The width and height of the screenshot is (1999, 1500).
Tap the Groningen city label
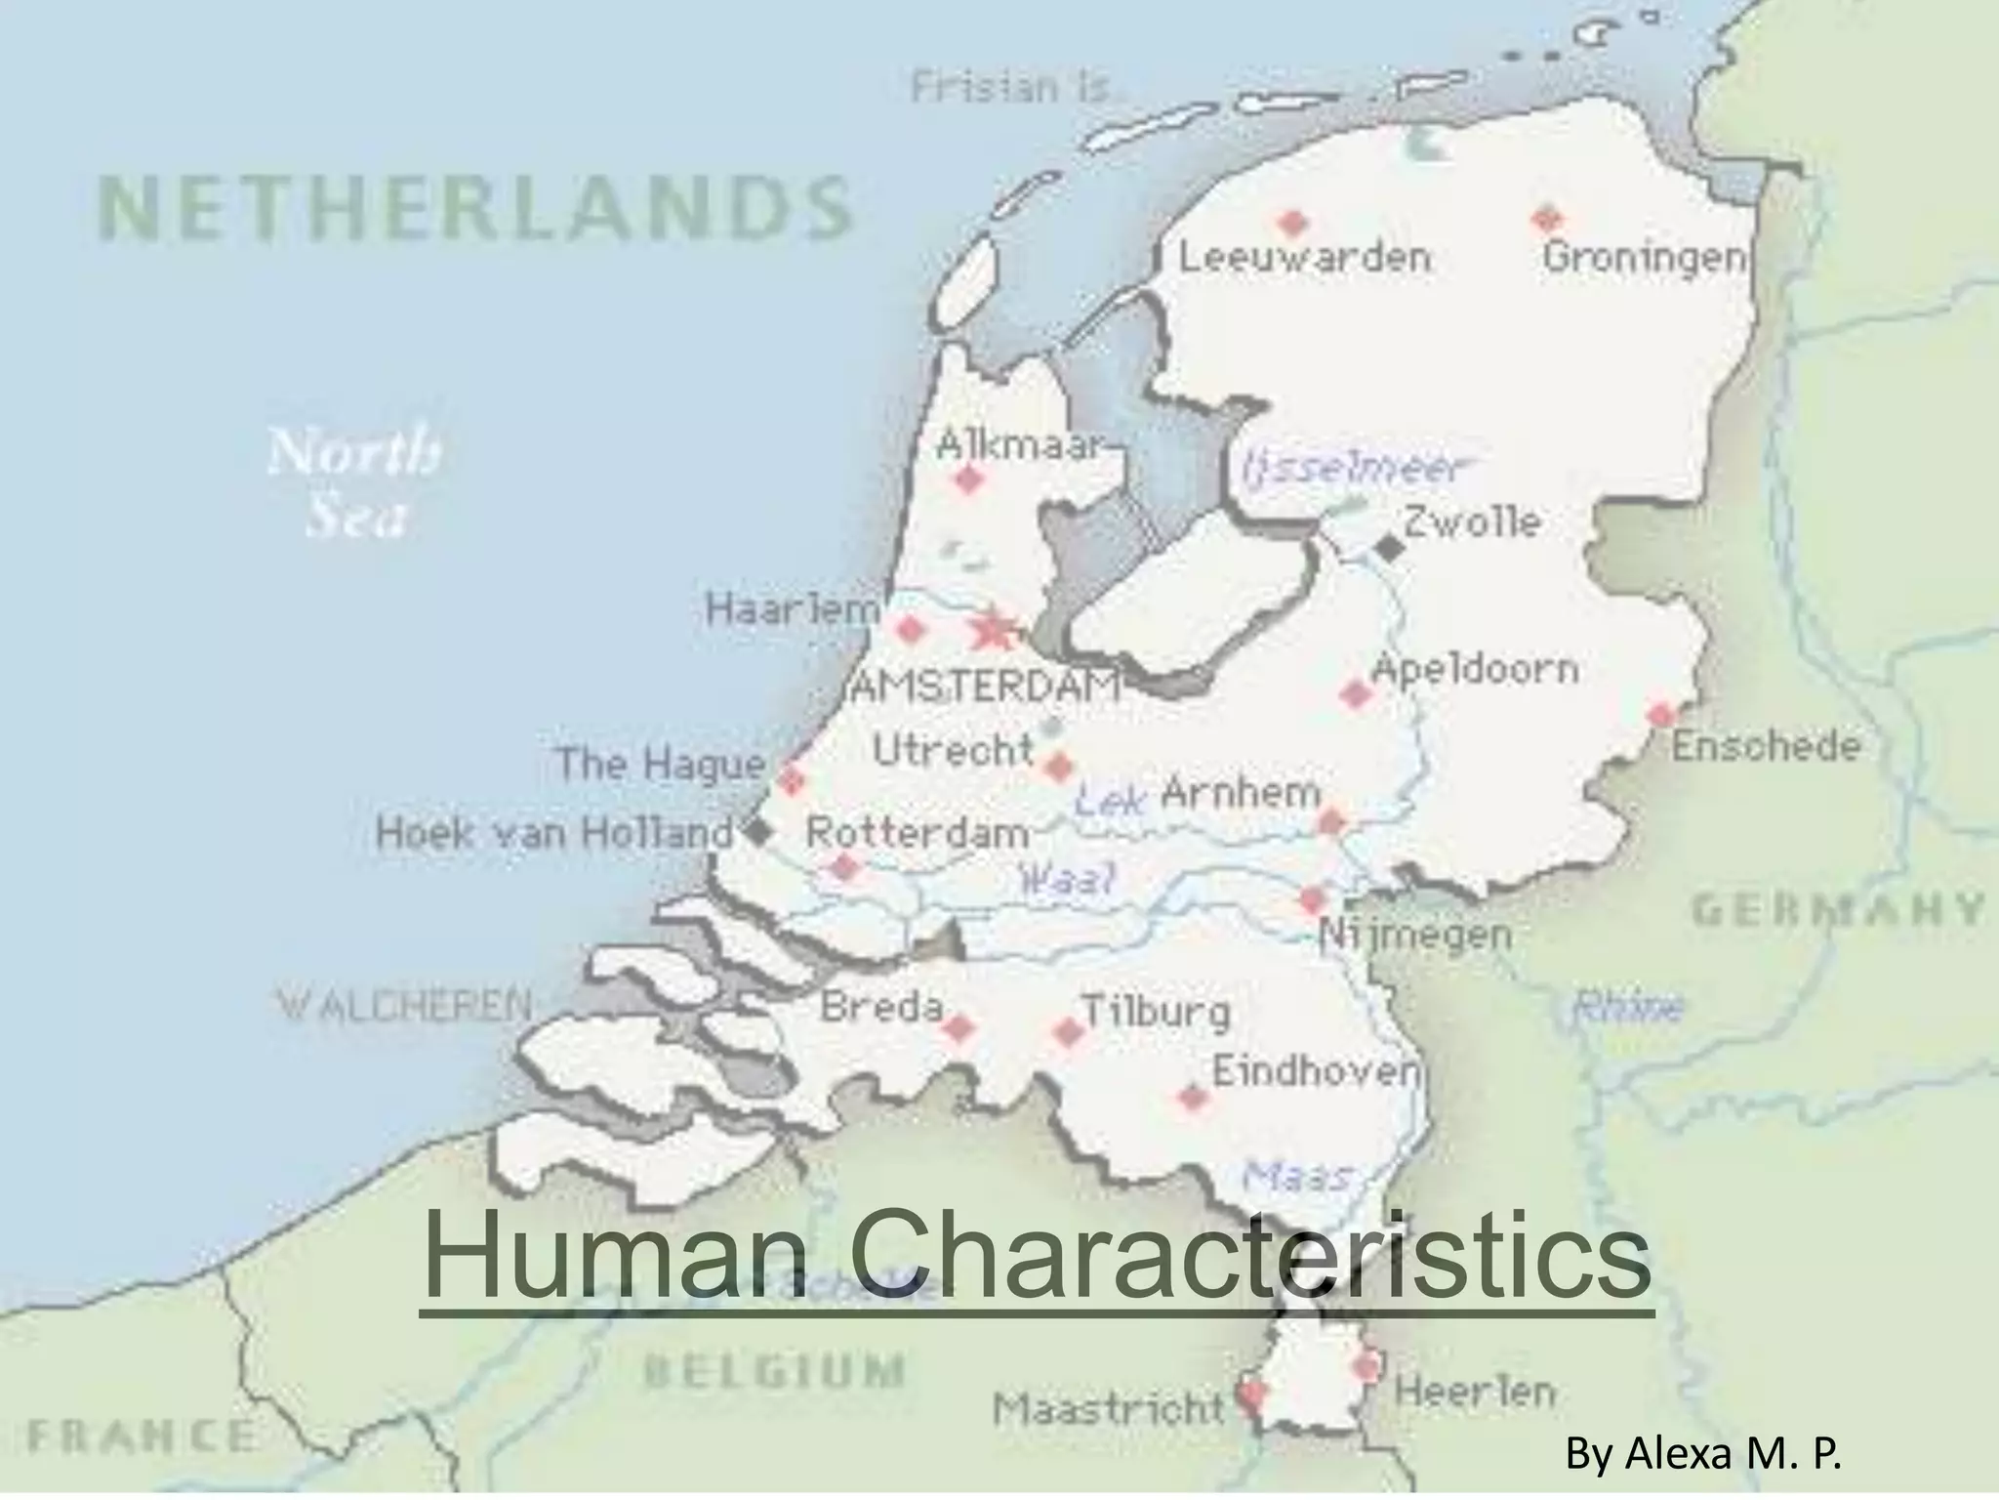(1644, 259)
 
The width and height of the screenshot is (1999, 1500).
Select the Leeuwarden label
(1305, 259)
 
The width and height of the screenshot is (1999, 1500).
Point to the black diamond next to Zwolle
(1390, 549)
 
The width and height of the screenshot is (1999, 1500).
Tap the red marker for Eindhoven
(1192, 1098)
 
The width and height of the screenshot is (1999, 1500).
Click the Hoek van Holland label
(553, 834)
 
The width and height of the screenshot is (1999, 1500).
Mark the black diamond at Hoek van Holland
(758, 833)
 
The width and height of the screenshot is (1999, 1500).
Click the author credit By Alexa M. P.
(1703, 1454)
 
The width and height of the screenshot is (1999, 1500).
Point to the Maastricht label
(1108, 1408)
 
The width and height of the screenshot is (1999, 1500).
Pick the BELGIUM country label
(773, 1370)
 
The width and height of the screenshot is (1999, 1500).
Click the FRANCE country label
(141, 1437)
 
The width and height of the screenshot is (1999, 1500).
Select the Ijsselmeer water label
(1353, 469)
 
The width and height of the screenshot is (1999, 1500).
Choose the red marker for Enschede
(1661, 715)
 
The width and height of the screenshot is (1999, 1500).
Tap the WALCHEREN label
(405, 1005)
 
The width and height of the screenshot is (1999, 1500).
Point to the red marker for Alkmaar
(968, 479)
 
